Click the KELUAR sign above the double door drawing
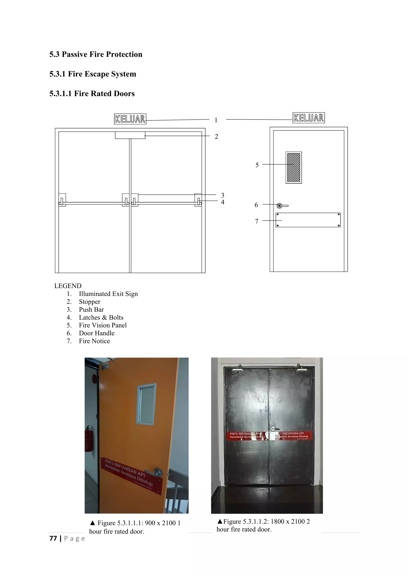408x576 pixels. pyautogui.click(x=130, y=119)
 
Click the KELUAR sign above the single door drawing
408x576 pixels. pyautogui.click(x=309, y=118)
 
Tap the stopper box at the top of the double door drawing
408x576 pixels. pyautogui.click(x=130, y=135)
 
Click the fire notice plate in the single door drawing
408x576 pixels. pyautogui.click(x=308, y=220)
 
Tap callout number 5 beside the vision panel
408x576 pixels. pyautogui.click(x=257, y=165)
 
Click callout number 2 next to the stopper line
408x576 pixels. pyautogui.click(x=216, y=137)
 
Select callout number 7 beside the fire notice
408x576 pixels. pyautogui.click(x=257, y=221)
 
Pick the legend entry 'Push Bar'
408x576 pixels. pyautogui.click(x=91, y=309)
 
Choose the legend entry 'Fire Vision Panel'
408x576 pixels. pyautogui.click(x=103, y=325)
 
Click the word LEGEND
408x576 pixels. pyautogui.click(x=68, y=286)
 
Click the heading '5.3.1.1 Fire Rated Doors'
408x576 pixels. pyautogui.click(x=92, y=93)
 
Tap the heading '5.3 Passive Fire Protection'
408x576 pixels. pyautogui.click(x=96, y=54)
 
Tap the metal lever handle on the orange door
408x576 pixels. pyautogui.click(x=157, y=472)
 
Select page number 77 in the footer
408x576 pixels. pyautogui.click(x=53, y=538)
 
